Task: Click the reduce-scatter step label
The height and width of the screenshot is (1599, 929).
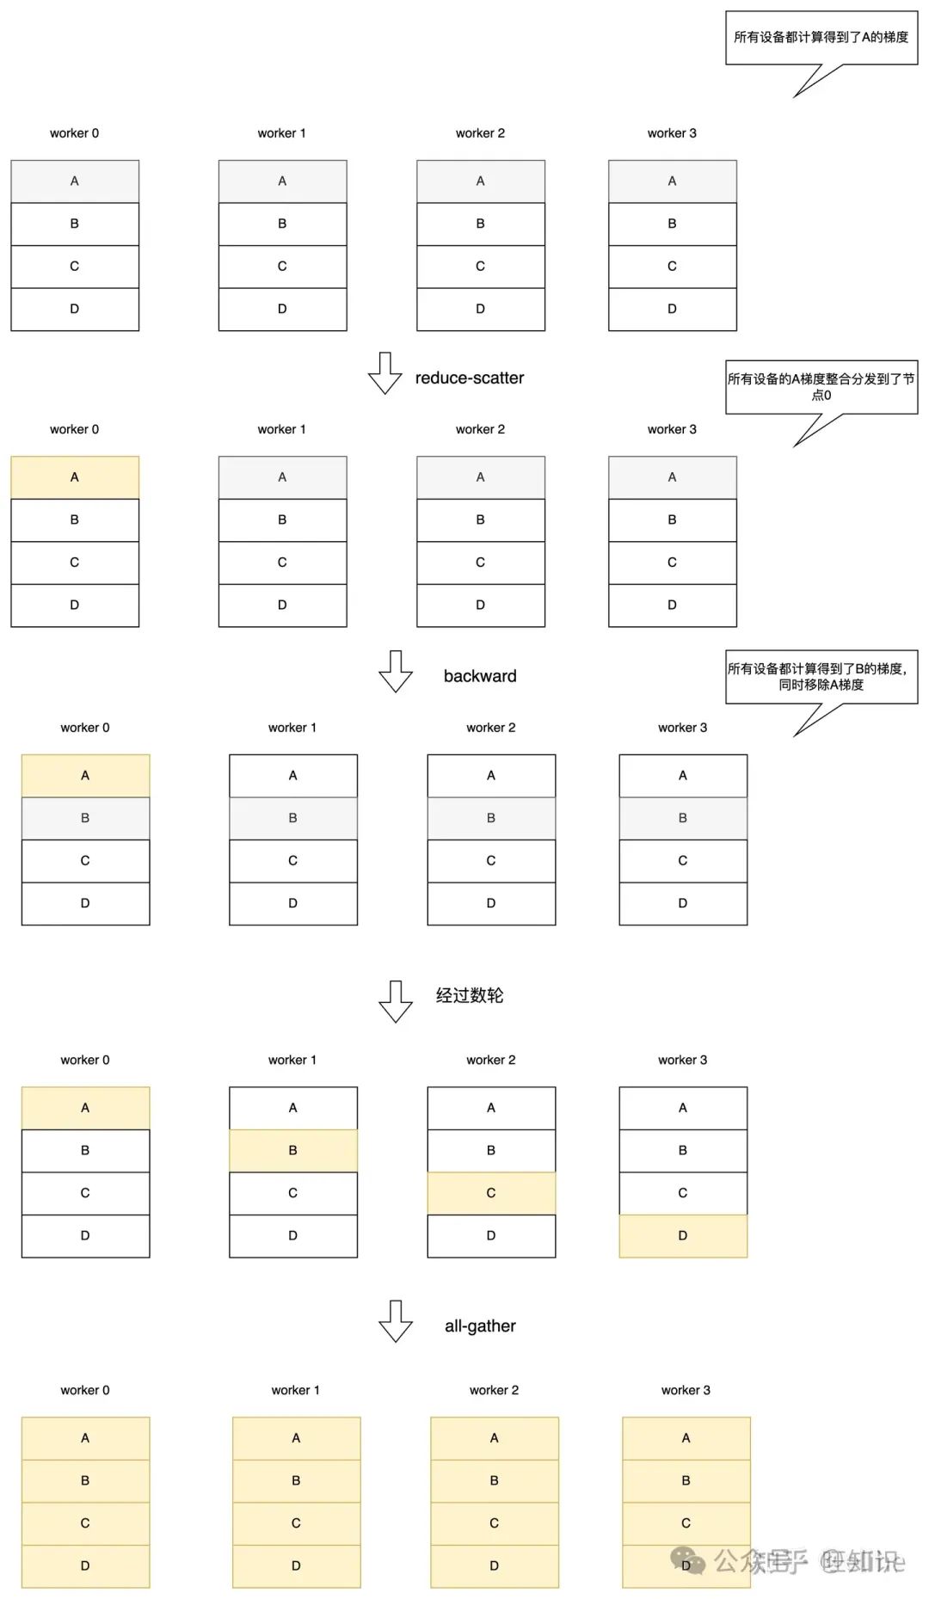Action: coord(469,378)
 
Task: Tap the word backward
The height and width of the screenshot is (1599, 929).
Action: coord(480,676)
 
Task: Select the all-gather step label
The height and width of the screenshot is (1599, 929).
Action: coord(480,1326)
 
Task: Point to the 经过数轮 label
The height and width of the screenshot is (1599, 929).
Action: coord(470,995)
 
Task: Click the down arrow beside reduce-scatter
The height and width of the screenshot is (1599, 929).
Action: coord(385,373)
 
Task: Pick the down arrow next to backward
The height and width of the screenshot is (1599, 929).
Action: coord(396,671)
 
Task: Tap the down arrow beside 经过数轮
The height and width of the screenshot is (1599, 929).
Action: coord(396,1001)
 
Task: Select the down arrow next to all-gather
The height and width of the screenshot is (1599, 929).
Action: coord(396,1320)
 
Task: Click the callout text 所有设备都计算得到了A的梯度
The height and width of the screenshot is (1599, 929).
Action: coord(821,37)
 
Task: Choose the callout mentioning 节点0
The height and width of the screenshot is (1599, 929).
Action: coord(821,387)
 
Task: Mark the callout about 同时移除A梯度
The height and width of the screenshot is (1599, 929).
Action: coord(821,677)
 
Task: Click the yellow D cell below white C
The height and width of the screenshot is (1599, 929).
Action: coord(683,1236)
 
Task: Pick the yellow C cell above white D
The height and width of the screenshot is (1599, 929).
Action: coord(491,1193)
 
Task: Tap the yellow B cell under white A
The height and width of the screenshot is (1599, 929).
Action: coord(293,1151)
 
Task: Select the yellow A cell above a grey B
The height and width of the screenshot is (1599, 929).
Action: coord(85,776)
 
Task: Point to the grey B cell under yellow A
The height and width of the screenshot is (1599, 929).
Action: coord(85,818)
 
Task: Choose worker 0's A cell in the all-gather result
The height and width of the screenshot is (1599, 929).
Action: coord(85,1438)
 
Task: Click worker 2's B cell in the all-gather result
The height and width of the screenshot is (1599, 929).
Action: coord(495,1480)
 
